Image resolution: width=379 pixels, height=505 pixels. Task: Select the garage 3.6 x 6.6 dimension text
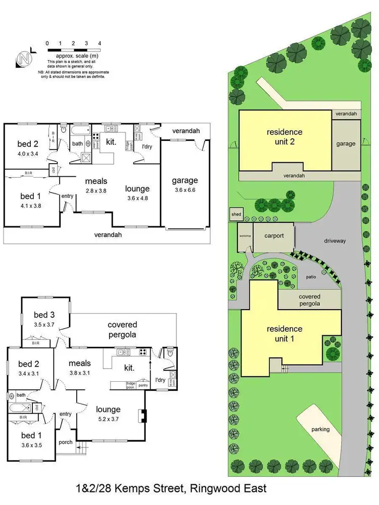pyautogui.click(x=184, y=190)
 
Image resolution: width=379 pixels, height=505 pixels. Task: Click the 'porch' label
pyautogui.click(x=65, y=442)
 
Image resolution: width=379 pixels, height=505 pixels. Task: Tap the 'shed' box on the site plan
pyautogui.click(x=236, y=214)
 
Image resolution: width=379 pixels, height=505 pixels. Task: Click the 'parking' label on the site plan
pyautogui.click(x=320, y=430)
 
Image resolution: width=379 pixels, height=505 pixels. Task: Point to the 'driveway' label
pyautogui.click(x=335, y=241)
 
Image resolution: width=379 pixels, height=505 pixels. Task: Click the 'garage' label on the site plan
pyautogui.click(x=346, y=143)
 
